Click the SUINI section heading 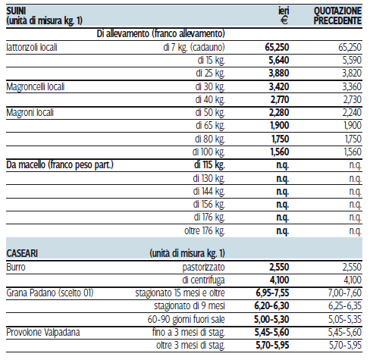click(x=16, y=11)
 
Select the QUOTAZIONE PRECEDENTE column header click(x=337, y=16)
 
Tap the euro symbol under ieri click(x=284, y=20)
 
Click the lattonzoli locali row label click(x=32, y=47)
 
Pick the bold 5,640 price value click(x=279, y=60)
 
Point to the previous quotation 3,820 click(x=352, y=74)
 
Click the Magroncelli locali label click(x=36, y=86)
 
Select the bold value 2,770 click(x=280, y=99)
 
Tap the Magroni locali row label click(x=30, y=113)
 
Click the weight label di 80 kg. click(x=210, y=139)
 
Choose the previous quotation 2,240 click(x=352, y=112)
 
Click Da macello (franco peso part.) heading click(x=60, y=165)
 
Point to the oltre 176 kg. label click(x=205, y=230)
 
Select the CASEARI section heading click(x=22, y=253)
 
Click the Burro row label click(x=16, y=267)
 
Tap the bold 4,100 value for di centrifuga click(x=280, y=280)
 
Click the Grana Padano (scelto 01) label click(x=50, y=293)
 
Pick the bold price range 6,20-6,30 click(x=271, y=306)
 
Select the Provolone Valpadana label click(x=43, y=332)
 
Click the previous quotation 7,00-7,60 click(x=345, y=293)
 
